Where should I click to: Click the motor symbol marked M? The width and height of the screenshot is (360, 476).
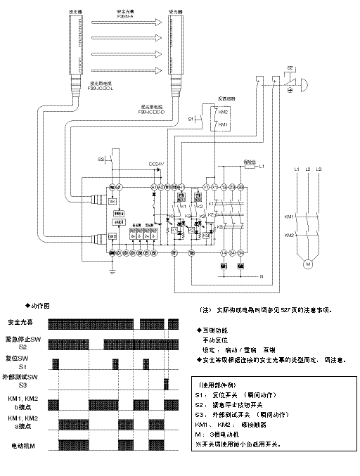[307, 264]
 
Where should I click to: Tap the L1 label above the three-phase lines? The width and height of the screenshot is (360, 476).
[296, 169]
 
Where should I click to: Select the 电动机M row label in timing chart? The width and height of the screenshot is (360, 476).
[22, 446]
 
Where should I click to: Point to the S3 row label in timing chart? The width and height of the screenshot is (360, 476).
[22, 386]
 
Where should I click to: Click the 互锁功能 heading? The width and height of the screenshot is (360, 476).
[218, 329]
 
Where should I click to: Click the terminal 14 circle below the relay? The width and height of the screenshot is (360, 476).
[224, 252]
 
